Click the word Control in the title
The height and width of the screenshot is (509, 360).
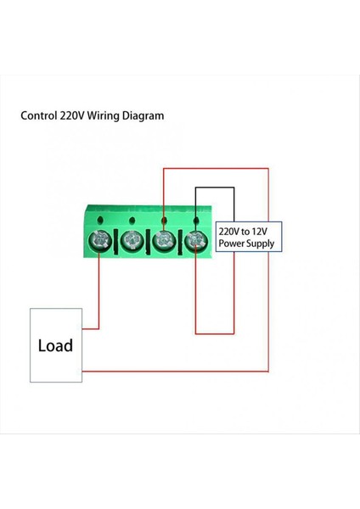[38, 116]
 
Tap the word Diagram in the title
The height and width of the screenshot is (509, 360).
[143, 116]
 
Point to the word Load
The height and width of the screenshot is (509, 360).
[56, 345]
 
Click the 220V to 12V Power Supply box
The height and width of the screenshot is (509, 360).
[246, 237]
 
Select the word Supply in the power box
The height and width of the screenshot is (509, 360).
[259, 243]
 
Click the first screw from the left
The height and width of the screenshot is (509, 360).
[100, 242]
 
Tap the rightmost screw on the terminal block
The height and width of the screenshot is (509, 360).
[196, 242]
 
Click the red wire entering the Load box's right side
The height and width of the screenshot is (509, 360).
[91, 327]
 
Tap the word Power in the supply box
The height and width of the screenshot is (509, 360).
[233, 243]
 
